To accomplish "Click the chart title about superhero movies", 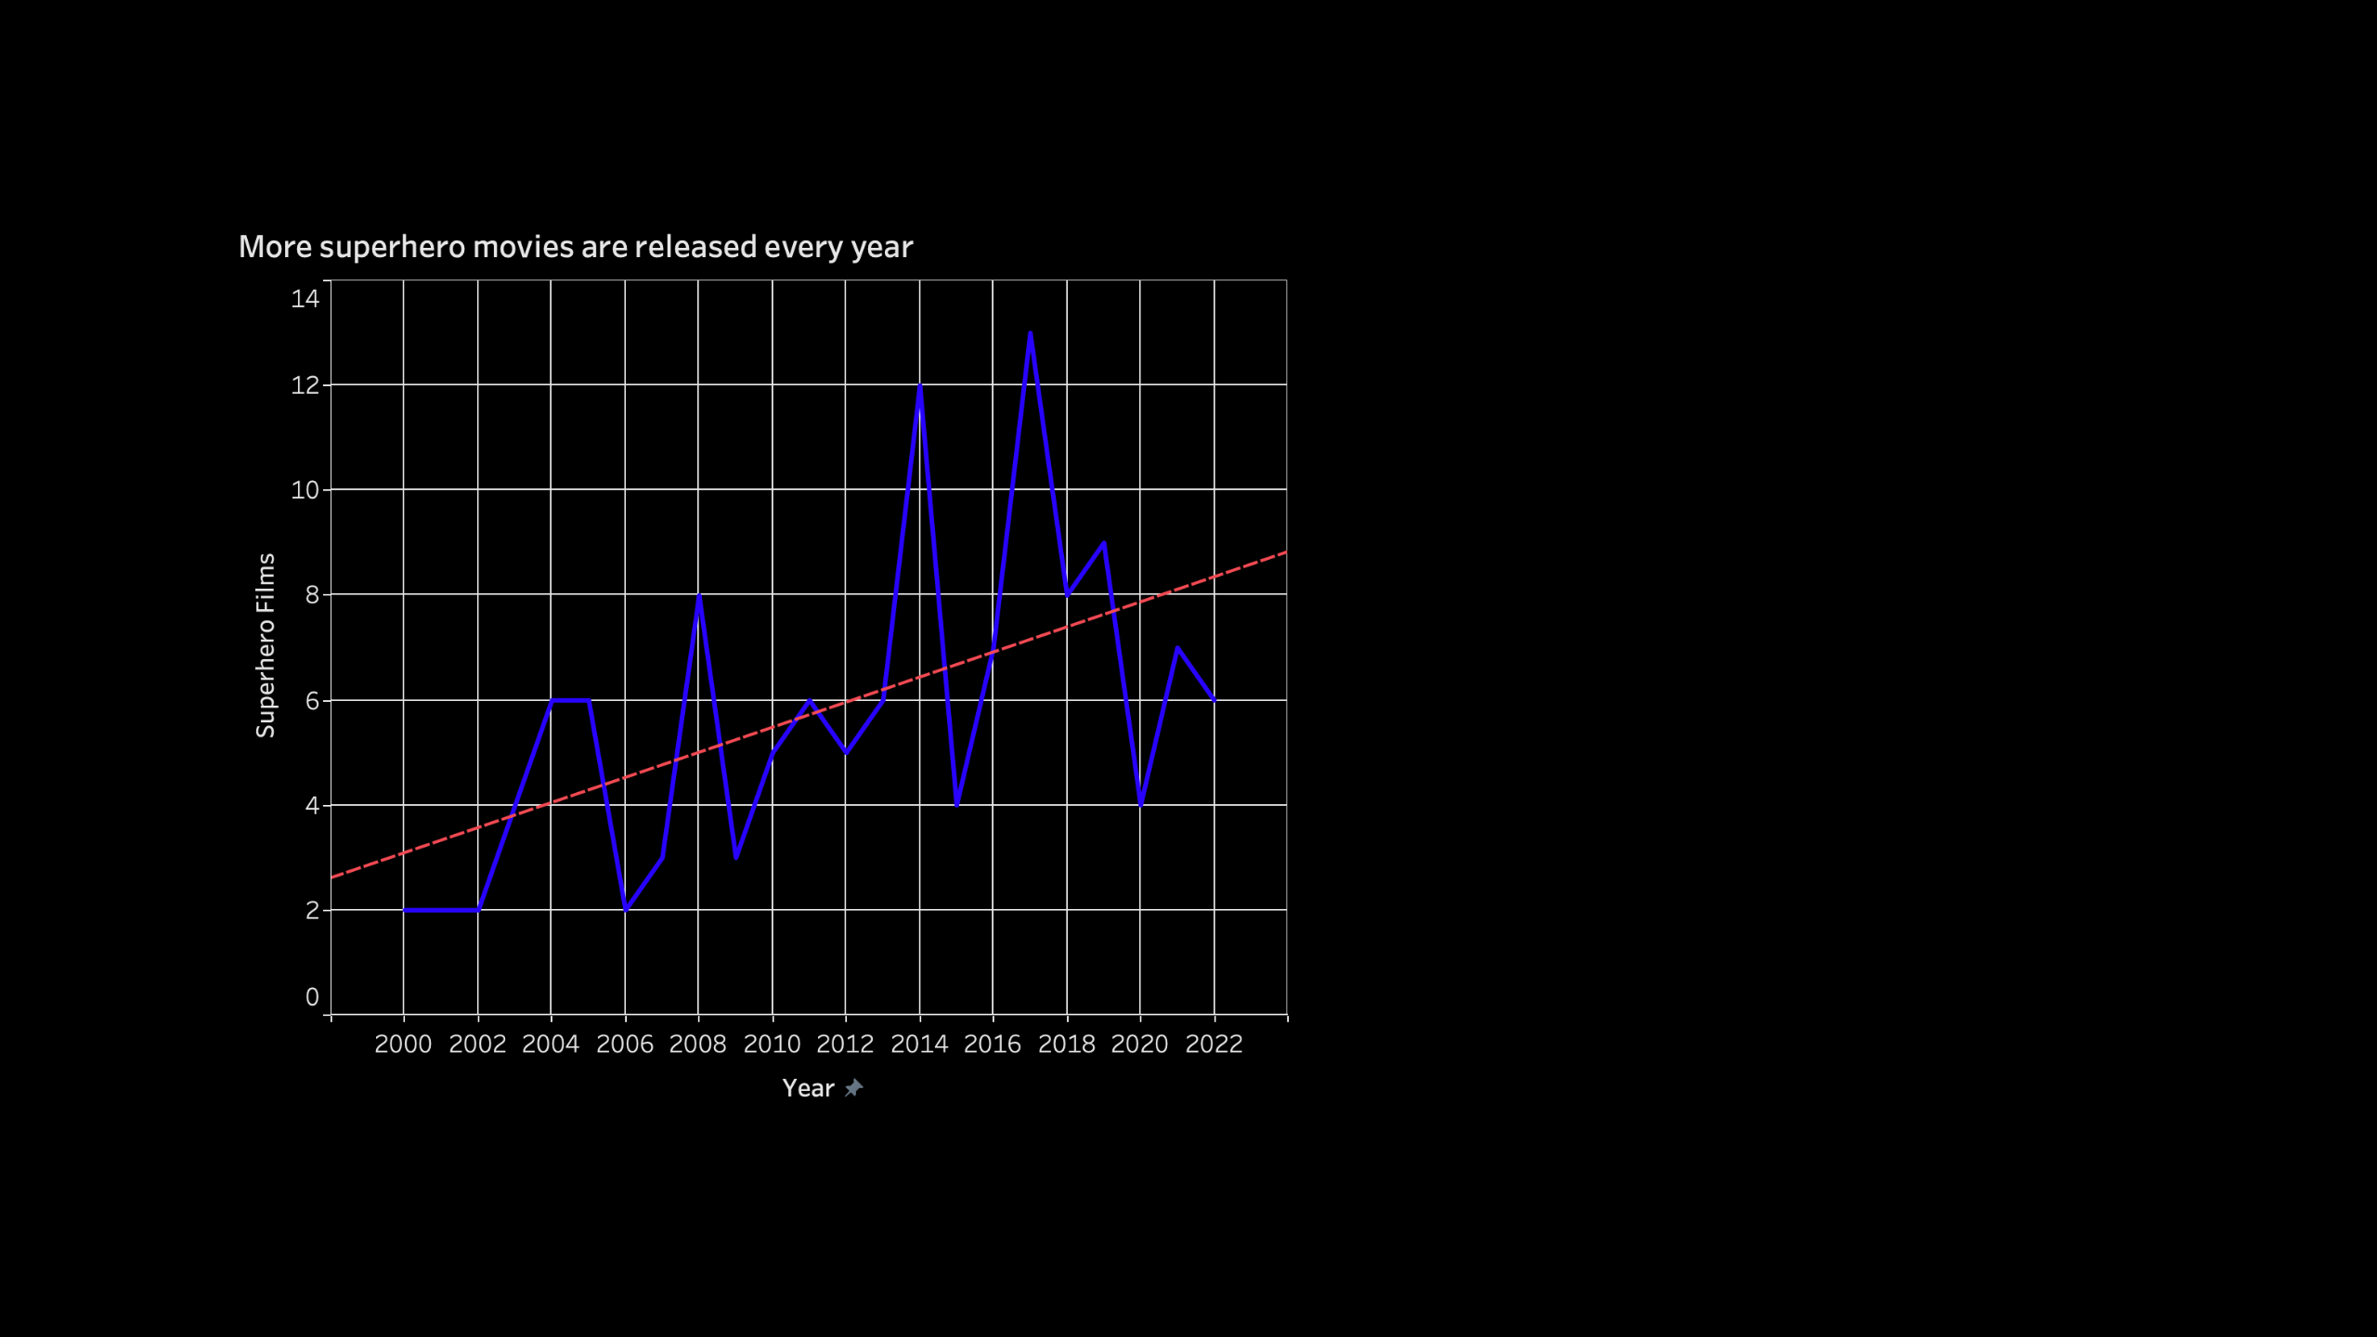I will point(576,247).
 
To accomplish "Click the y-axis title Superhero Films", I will point(266,645).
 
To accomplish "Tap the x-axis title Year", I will point(808,1088).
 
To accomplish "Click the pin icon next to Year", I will point(853,1088).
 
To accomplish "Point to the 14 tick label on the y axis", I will point(305,299).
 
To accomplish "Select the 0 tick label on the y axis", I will point(312,997).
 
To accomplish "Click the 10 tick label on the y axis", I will point(305,490).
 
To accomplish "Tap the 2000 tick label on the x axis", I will point(403,1045).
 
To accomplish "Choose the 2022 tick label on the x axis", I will point(1214,1045).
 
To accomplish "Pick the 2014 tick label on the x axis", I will point(919,1045).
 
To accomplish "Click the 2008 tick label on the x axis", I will point(697,1045).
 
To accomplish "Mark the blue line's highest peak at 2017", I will point(1030,333).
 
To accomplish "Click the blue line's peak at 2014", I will point(919,385).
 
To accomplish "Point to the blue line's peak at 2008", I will point(698,596).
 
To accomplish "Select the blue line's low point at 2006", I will point(625,909).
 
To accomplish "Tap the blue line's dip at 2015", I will point(956,804).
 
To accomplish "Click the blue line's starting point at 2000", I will point(404,910).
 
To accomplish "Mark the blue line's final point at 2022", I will point(1214,700).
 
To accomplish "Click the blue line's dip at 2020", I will point(1140,804).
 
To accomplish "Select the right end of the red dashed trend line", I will point(1285,552).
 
